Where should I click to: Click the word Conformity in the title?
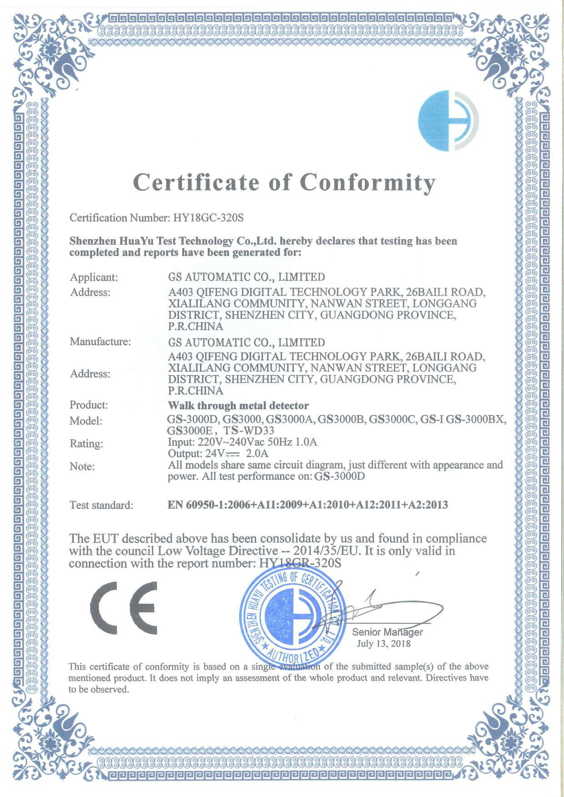tap(368, 183)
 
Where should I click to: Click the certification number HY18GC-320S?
tap(208, 218)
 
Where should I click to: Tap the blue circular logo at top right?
tap(448, 121)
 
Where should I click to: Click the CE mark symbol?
tap(124, 608)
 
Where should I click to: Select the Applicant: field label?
tap(94, 277)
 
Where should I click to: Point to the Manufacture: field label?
tap(100, 341)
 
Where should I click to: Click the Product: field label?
tap(89, 405)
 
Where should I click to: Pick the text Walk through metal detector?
tap(238, 405)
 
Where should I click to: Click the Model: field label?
tap(86, 421)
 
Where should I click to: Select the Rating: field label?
tap(86, 443)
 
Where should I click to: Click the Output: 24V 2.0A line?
tap(218, 453)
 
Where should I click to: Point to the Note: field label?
tap(82, 466)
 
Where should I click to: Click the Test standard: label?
tap(101, 505)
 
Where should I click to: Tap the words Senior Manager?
tap(387, 632)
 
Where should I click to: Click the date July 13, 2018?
tap(383, 643)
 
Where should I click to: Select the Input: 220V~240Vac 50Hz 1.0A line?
tap(242, 442)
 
